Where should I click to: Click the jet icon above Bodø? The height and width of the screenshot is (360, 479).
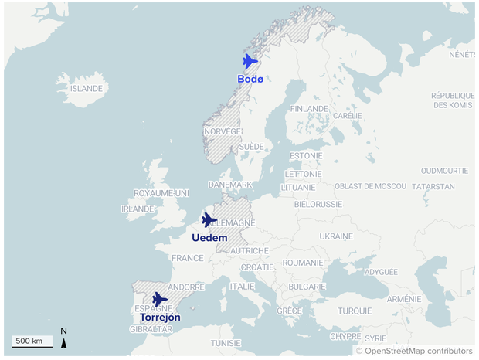click(250, 61)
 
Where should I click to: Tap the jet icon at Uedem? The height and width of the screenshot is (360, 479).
click(209, 220)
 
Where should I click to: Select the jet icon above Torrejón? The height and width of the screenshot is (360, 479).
click(159, 299)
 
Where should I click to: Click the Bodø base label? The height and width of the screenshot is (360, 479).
click(250, 79)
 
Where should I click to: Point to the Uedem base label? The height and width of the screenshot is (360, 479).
click(209, 238)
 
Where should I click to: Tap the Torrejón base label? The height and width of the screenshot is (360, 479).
click(160, 318)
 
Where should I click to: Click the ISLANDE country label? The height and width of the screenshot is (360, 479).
click(86, 89)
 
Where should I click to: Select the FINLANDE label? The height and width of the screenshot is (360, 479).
click(309, 109)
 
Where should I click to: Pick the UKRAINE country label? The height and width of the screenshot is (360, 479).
click(336, 235)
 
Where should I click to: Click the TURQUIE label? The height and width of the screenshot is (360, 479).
click(355, 311)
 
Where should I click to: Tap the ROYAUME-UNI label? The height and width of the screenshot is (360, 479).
click(161, 192)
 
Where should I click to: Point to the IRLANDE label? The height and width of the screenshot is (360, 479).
click(138, 209)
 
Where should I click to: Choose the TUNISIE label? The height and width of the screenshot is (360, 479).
click(226, 343)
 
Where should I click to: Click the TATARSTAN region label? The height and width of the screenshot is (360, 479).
click(433, 187)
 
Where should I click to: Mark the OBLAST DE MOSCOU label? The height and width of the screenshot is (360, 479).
click(369, 186)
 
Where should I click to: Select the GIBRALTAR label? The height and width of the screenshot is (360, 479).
click(151, 329)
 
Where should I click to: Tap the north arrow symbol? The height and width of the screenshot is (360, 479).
click(64, 338)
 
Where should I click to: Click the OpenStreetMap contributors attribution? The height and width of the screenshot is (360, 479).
click(414, 351)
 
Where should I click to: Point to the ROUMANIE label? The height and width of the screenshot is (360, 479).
click(303, 263)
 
